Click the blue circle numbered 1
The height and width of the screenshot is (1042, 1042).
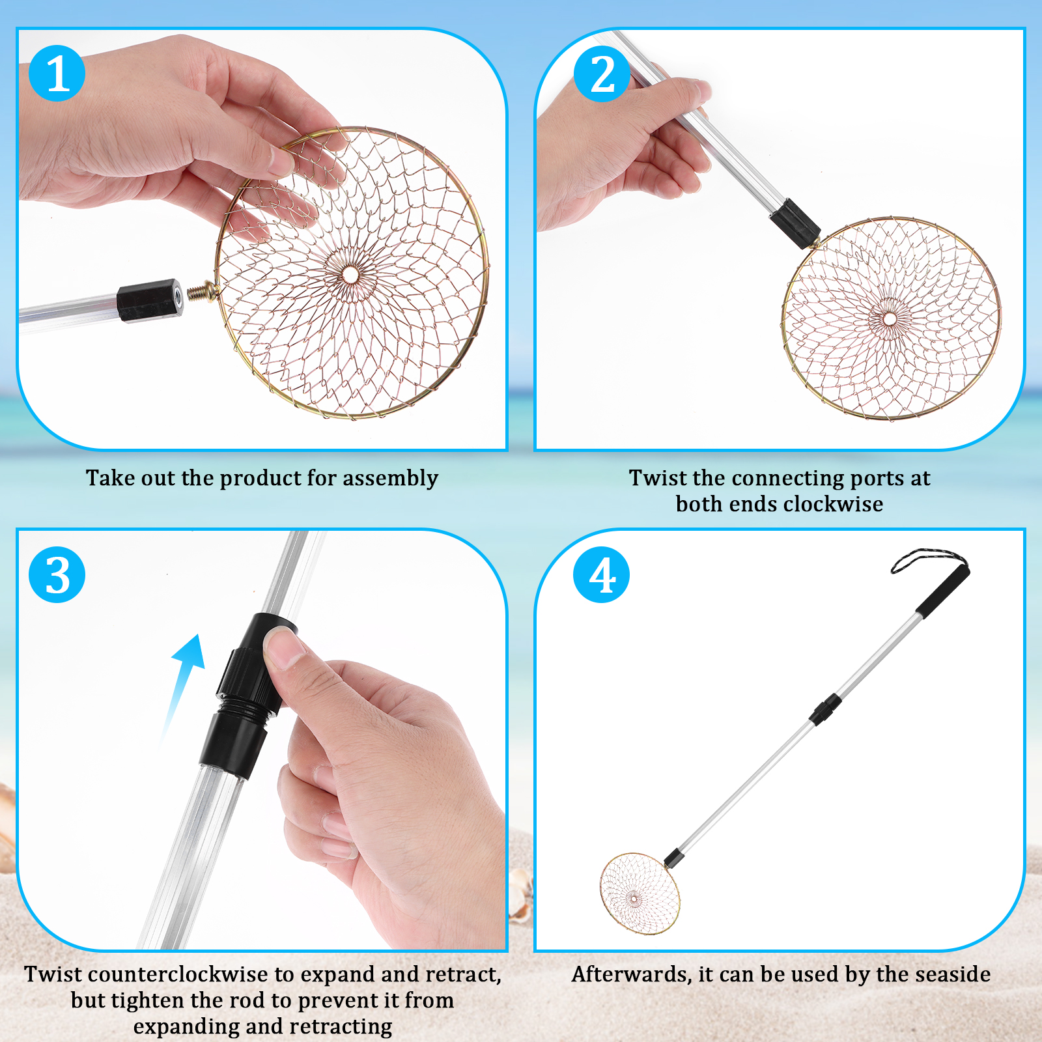(57, 73)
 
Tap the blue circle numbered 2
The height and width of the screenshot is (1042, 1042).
(602, 73)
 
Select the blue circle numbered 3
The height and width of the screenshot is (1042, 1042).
(57, 574)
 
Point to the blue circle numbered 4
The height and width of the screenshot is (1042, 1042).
(602, 574)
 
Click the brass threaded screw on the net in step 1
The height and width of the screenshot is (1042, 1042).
(203, 290)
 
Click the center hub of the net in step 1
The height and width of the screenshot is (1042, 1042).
(350, 274)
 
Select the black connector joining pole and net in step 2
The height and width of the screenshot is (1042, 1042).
(795, 224)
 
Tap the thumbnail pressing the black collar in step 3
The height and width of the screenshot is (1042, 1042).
(285, 647)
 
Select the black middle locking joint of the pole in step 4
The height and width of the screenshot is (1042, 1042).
(826, 709)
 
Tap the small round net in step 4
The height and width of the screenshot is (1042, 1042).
(640, 894)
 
